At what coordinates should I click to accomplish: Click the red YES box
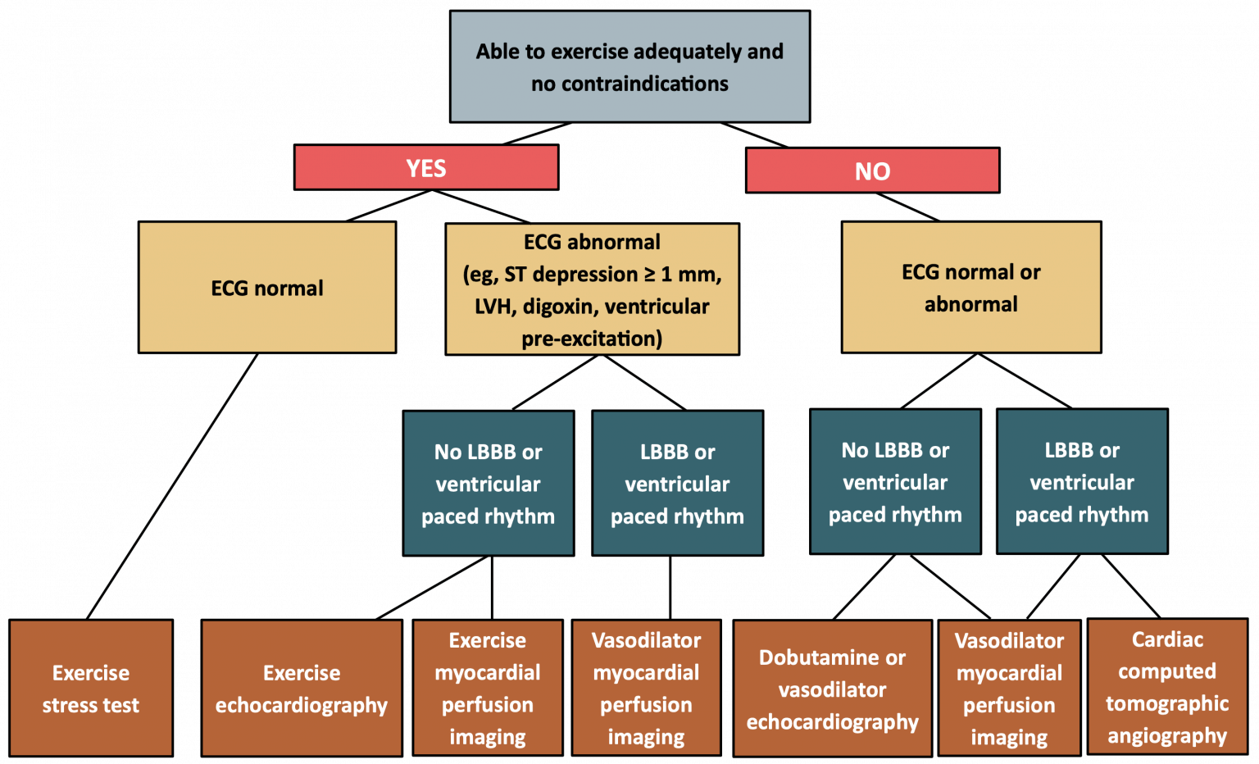[x=426, y=168]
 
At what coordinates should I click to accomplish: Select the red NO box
[x=872, y=171]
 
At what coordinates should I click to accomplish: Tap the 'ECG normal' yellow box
[x=267, y=288]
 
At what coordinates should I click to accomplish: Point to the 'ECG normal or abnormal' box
[x=970, y=288]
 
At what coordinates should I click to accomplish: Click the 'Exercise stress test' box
[x=91, y=689]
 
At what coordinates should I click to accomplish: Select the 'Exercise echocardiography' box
[x=302, y=689]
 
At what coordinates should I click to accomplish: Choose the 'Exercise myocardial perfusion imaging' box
[x=488, y=689]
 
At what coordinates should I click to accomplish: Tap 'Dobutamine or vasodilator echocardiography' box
[x=832, y=689]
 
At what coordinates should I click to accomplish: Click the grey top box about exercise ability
[x=629, y=67]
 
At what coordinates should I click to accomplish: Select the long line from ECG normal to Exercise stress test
[x=172, y=486]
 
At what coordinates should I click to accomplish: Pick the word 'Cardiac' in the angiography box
[x=1167, y=639]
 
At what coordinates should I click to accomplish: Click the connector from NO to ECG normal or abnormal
[x=907, y=207]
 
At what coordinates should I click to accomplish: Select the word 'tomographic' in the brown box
[x=1167, y=703]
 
